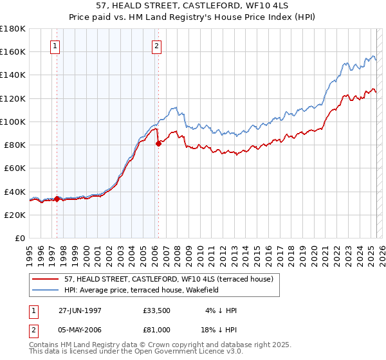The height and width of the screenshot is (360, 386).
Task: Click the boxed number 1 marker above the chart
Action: [x=55, y=46]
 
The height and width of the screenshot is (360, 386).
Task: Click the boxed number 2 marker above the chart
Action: [x=157, y=46]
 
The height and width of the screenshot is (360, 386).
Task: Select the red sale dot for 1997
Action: [x=57, y=199]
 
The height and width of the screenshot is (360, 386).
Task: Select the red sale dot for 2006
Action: [x=158, y=143]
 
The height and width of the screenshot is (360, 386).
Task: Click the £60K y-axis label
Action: [x=15, y=168]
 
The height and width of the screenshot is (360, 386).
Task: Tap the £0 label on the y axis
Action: [x=20, y=238]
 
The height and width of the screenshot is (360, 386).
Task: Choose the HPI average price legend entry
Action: [x=142, y=290]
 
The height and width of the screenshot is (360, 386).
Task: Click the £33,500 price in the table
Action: [x=157, y=310]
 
